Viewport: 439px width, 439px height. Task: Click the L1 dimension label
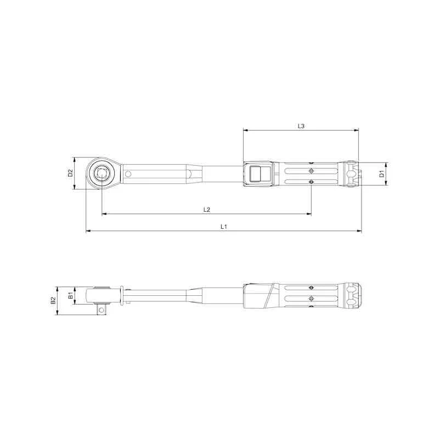(x=224, y=226)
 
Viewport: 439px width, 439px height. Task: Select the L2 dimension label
(x=207, y=209)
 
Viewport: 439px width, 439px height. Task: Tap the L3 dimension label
(x=301, y=126)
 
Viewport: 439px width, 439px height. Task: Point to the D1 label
(x=381, y=174)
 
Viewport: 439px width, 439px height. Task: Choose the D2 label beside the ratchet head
(x=70, y=173)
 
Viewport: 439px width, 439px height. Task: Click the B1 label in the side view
(x=70, y=296)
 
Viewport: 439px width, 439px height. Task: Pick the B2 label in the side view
(x=53, y=301)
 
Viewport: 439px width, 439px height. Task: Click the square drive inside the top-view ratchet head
(x=102, y=174)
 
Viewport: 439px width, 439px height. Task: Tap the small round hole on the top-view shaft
(x=128, y=174)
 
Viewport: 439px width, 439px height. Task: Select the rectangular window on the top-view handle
(x=256, y=174)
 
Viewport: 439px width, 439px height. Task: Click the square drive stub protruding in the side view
(x=102, y=309)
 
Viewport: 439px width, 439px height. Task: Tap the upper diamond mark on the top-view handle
(x=311, y=163)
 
